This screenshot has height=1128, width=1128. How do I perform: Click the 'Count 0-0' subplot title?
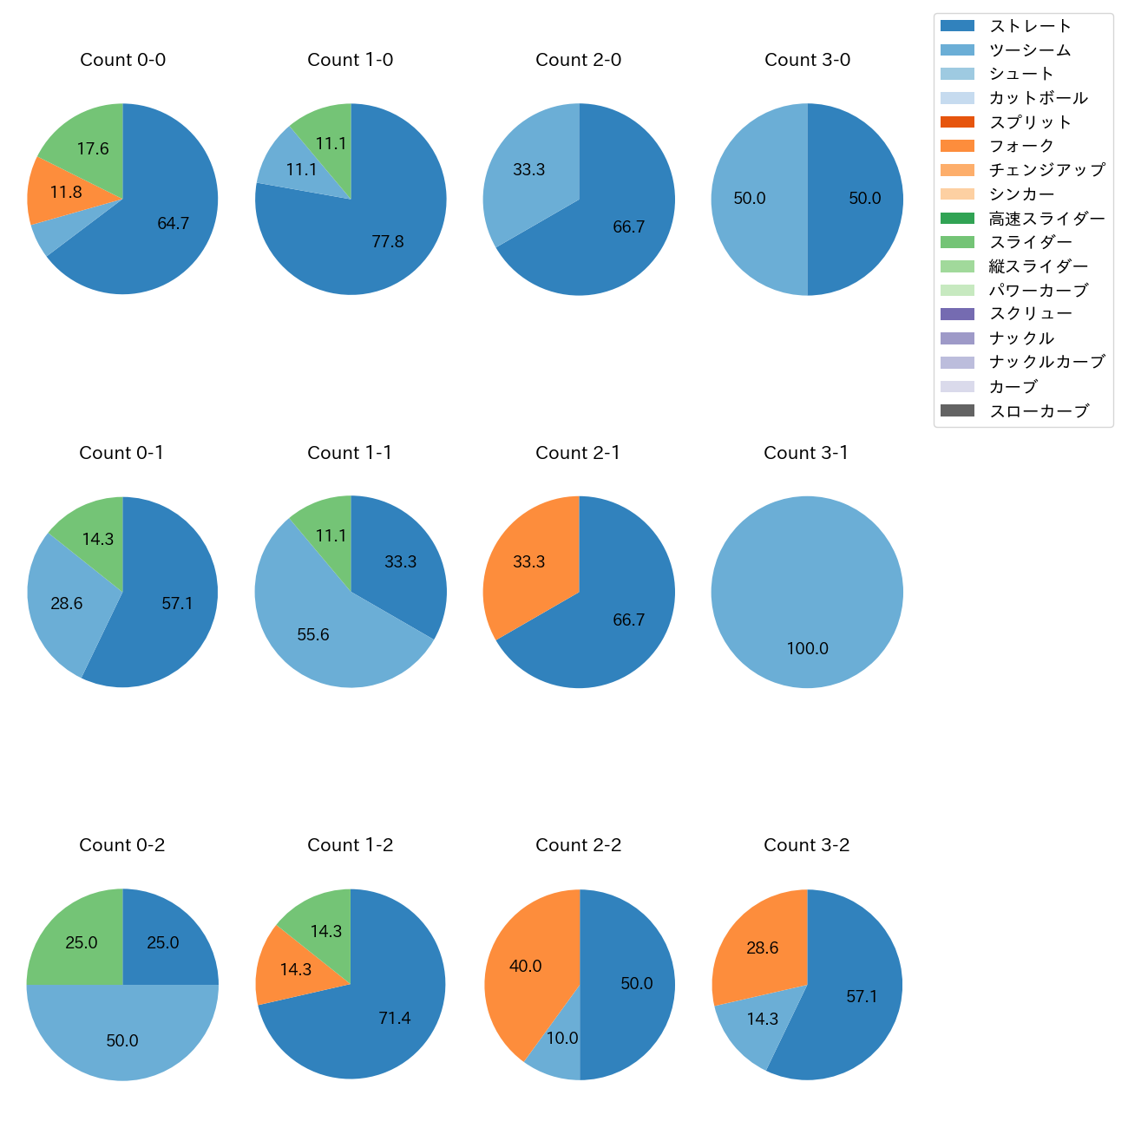pos(122,60)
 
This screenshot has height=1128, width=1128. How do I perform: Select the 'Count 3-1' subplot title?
pos(806,453)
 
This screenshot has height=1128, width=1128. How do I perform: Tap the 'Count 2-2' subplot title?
pos(578,845)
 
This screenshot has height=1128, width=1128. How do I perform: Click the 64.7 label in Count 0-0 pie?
pos(173,224)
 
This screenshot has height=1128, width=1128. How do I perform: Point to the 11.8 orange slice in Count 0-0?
pos(66,192)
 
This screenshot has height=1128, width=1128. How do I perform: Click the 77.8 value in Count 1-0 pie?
pos(387,242)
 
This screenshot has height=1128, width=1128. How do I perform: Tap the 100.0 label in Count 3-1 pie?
pos(807,649)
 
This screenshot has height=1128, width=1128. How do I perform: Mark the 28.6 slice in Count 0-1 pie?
pos(67,603)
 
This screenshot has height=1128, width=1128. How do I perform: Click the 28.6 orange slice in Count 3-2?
pos(762,948)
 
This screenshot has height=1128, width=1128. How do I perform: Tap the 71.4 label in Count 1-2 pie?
pos(394,1019)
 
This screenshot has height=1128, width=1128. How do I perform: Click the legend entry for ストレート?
pos(1030,26)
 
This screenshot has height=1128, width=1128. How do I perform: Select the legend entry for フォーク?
pos(1021,146)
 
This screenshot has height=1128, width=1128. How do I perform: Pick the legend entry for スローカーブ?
pos(1039,411)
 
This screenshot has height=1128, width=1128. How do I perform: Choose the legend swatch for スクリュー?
pos(957,314)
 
